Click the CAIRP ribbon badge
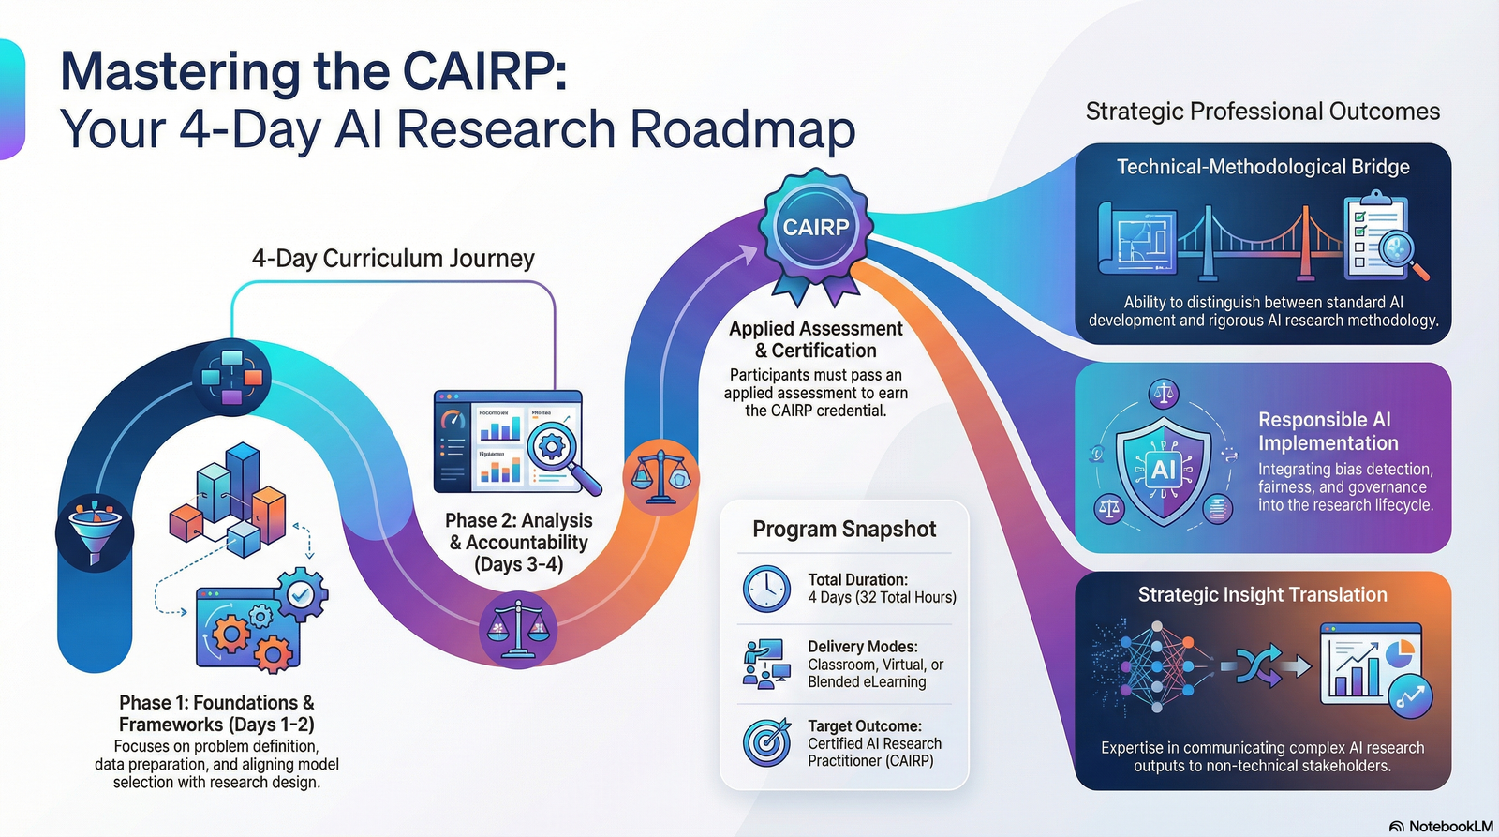pos(816,229)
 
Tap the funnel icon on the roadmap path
pos(94,531)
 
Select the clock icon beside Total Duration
pos(766,589)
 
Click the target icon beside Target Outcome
pos(766,742)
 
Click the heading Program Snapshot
pos(844,530)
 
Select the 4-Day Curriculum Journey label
pos(393,259)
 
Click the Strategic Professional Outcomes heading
pos(1262,112)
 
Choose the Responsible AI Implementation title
pos(1328,431)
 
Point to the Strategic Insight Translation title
pos(1262,595)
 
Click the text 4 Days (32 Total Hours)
pos(882,598)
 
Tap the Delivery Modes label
pos(863,647)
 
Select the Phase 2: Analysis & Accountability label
pos(518,542)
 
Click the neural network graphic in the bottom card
pos(1154,666)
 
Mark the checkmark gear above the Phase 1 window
pos(301,593)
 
